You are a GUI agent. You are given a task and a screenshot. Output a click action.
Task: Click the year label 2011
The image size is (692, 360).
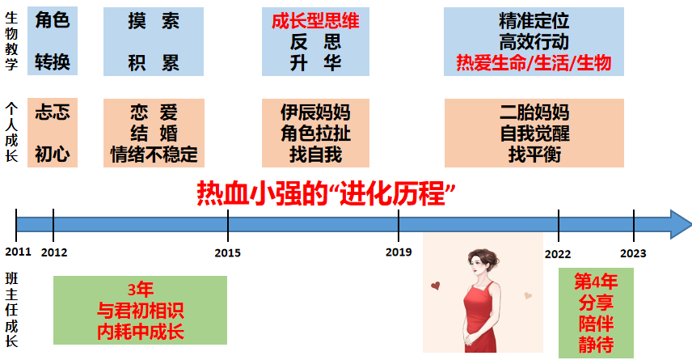[x=18, y=252]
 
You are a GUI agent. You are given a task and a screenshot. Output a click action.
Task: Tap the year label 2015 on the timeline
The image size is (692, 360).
[x=228, y=252]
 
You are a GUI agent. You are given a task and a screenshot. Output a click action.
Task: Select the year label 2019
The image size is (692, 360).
[x=399, y=252]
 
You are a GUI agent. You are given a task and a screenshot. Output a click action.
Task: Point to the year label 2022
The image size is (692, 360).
[x=558, y=254]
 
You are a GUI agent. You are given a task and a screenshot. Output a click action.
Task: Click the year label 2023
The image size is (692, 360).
[x=633, y=253]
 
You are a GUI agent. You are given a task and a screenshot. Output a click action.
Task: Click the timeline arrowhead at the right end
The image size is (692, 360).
[x=680, y=224]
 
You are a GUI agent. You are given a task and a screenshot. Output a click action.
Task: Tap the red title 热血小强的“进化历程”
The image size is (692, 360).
[x=326, y=193]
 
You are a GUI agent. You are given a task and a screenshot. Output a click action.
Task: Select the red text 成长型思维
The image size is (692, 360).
[x=315, y=21]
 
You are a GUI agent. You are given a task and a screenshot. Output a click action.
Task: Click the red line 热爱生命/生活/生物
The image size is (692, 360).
[x=534, y=63]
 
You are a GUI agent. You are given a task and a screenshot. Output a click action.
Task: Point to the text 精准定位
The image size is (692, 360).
[x=534, y=21]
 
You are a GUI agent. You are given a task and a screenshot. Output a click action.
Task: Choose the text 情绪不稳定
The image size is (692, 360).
[x=154, y=155]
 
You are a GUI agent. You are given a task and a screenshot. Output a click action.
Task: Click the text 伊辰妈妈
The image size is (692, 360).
[x=315, y=112]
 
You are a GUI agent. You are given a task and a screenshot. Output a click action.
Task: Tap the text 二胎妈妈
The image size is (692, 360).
[x=534, y=112]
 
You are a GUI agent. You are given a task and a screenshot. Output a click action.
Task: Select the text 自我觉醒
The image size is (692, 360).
[x=534, y=133]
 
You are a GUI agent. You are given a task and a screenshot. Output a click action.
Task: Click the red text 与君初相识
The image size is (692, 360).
[x=141, y=311]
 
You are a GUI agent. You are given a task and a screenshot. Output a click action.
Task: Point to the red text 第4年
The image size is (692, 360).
[x=596, y=282]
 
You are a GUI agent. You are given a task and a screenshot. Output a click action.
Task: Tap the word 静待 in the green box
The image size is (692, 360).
[x=596, y=345]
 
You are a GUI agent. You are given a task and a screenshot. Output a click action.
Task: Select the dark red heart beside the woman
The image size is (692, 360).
[x=436, y=286]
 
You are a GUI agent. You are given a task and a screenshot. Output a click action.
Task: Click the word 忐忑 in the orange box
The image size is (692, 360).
[x=53, y=112]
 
